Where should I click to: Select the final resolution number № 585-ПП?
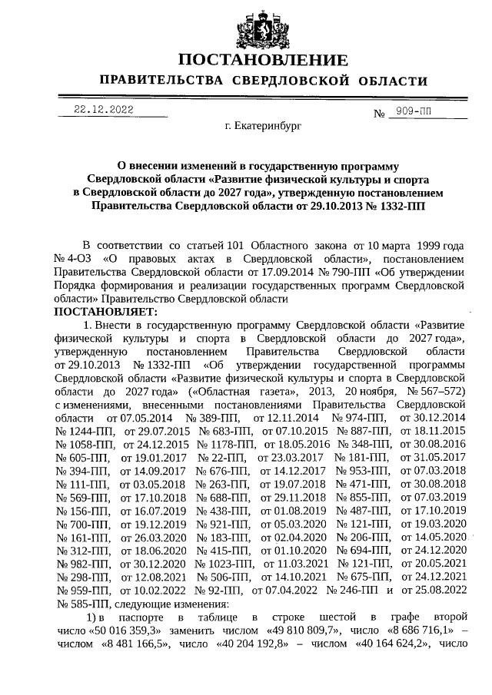click(78, 603)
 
